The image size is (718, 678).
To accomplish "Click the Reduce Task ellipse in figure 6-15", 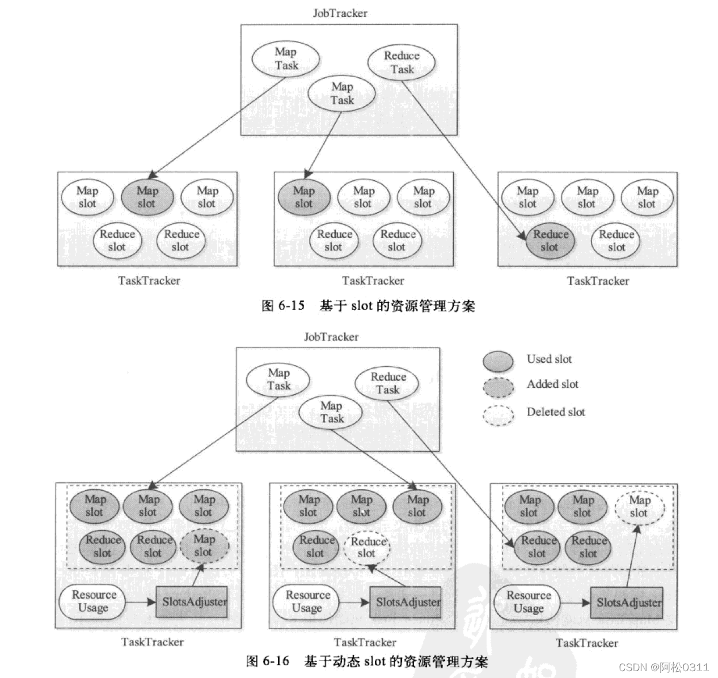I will (x=402, y=62).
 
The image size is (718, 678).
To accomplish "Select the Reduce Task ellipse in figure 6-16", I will (x=388, y=383).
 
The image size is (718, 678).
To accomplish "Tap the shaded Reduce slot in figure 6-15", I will (x=550, y=241).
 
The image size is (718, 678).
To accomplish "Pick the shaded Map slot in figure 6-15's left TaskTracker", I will (x=147, y=197).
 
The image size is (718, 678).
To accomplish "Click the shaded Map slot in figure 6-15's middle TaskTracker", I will (x=303, y=197).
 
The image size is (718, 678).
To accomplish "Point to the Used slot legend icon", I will (x=498, y=361).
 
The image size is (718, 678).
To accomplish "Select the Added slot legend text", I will (x=552, y=384).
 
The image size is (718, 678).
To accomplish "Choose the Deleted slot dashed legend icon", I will (x=498, y=415).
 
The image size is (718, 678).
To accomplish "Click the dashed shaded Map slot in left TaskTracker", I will (x=204, y=545).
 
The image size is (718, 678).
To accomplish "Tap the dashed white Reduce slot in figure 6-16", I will (x=367, y=547).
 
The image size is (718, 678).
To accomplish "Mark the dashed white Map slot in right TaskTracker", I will (x=639, y=506).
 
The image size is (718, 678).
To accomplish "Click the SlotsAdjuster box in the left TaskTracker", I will (x=191, y=601).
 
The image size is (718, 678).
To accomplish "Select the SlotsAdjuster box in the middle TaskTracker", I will (x=405, y=601).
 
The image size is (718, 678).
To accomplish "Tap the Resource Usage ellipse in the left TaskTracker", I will (x=94, y=601).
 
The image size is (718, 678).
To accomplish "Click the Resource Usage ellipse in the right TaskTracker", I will (x=528, y=602).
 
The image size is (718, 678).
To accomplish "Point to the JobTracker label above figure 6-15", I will (x=340, y=13).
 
